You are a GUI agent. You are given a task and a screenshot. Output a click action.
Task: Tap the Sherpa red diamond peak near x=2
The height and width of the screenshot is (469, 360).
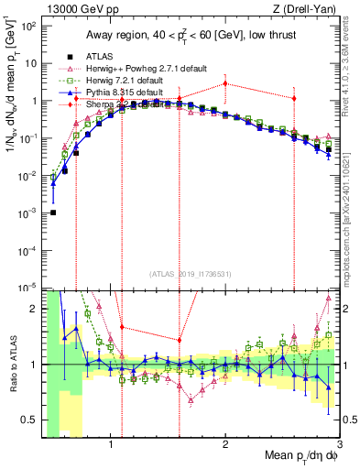click(225, 83)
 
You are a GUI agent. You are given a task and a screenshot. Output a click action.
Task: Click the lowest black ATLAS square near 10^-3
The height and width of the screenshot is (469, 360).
click(53, 213)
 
